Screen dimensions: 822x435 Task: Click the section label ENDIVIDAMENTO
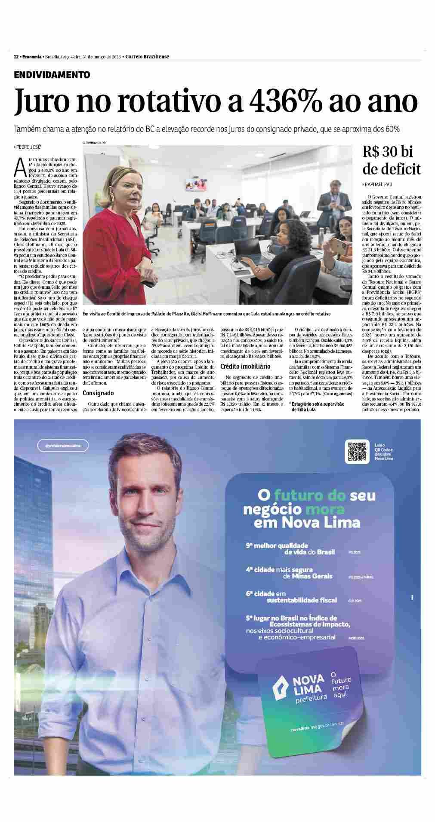click(52, 75)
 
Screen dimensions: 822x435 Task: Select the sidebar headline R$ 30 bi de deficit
click(391, 160)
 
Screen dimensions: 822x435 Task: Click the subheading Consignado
click(98, 393)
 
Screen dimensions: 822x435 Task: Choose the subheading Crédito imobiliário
click(245, 367)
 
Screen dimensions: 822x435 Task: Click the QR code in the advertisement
click(357, 451)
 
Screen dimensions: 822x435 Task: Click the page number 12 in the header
click(16, 57)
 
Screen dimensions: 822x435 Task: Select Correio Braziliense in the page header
click(147, 57)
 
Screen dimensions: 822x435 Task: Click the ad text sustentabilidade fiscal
click(301, 600)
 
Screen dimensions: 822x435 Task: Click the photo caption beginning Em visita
click(207, 314)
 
